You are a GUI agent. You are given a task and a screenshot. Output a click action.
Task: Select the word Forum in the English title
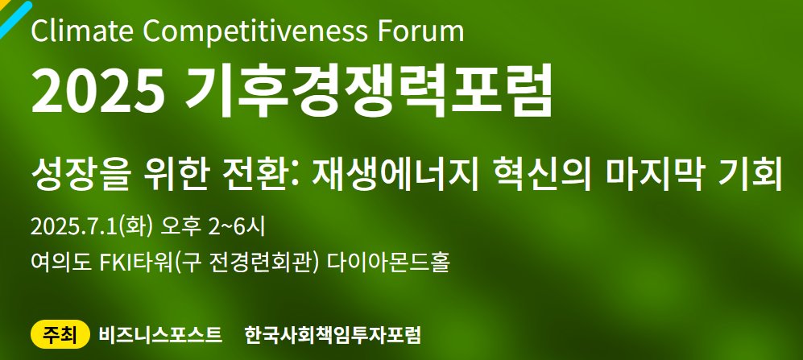click(420, 31)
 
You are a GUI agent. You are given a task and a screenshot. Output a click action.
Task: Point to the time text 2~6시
click(237, 227)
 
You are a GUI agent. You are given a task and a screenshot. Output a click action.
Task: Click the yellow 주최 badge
click(60, 334)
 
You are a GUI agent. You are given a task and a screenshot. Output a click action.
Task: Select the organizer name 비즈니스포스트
click(161, 335)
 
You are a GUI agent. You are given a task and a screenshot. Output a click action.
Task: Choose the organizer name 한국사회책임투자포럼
click(333, 335)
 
